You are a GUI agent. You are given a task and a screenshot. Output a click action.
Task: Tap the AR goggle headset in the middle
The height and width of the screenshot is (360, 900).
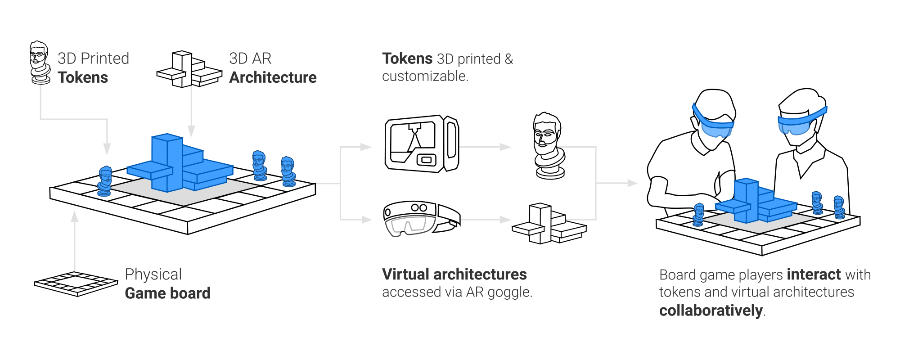(x=421, y=219)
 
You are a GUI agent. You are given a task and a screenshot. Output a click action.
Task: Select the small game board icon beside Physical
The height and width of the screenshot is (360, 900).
(x=76, y=283)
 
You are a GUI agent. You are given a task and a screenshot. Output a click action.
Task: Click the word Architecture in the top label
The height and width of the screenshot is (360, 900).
(x=273, y=77)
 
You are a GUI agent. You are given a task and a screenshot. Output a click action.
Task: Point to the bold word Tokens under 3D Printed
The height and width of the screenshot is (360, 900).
(x=83, y=77)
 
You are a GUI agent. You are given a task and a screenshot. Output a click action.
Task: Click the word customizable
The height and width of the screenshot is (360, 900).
(x=424, y=76)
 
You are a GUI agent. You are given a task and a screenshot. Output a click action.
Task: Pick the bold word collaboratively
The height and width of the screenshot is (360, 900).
(x=711, y=310)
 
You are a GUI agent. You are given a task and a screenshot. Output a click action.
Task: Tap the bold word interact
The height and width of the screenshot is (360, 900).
(x=814, y=274)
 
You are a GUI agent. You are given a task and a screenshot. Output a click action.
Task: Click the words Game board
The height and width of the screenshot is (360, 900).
(x=168, y=293)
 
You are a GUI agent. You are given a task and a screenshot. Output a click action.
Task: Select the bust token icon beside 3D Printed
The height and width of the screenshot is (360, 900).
(x=40, y=63)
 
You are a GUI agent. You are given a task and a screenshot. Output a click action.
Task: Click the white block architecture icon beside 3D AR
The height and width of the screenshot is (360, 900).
(x=189, y=70)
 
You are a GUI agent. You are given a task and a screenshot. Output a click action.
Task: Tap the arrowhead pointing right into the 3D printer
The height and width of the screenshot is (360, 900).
(x=367, y=147)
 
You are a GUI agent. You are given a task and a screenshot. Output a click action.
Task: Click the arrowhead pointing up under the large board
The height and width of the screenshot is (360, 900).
(x=75, y=217)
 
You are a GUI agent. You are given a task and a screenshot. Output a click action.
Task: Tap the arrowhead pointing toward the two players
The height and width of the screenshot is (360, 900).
(x=633, y=183)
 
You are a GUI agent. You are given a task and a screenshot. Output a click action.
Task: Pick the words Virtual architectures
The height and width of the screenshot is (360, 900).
(x=454, y=274)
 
